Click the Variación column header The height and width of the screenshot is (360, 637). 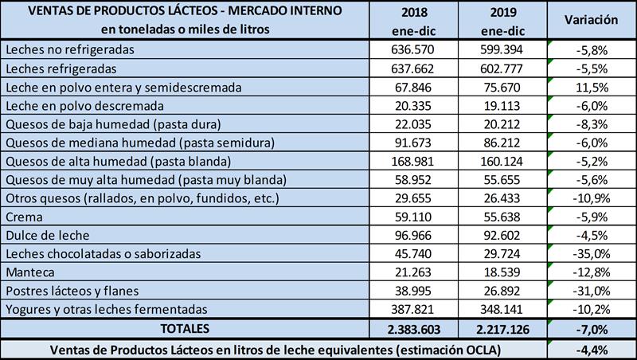click(591, 19)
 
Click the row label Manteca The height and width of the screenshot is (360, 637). click(29, 272)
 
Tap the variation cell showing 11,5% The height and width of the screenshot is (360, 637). click(591, 86)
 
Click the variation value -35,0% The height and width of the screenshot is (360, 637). click(591, 253)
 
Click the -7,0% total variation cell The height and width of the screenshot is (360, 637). click(591, 328)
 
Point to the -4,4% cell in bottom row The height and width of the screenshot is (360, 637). click(591, 348)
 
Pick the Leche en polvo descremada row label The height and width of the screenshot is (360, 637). click(85, 104)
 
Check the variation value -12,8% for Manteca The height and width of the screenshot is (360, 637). click(591, 272)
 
